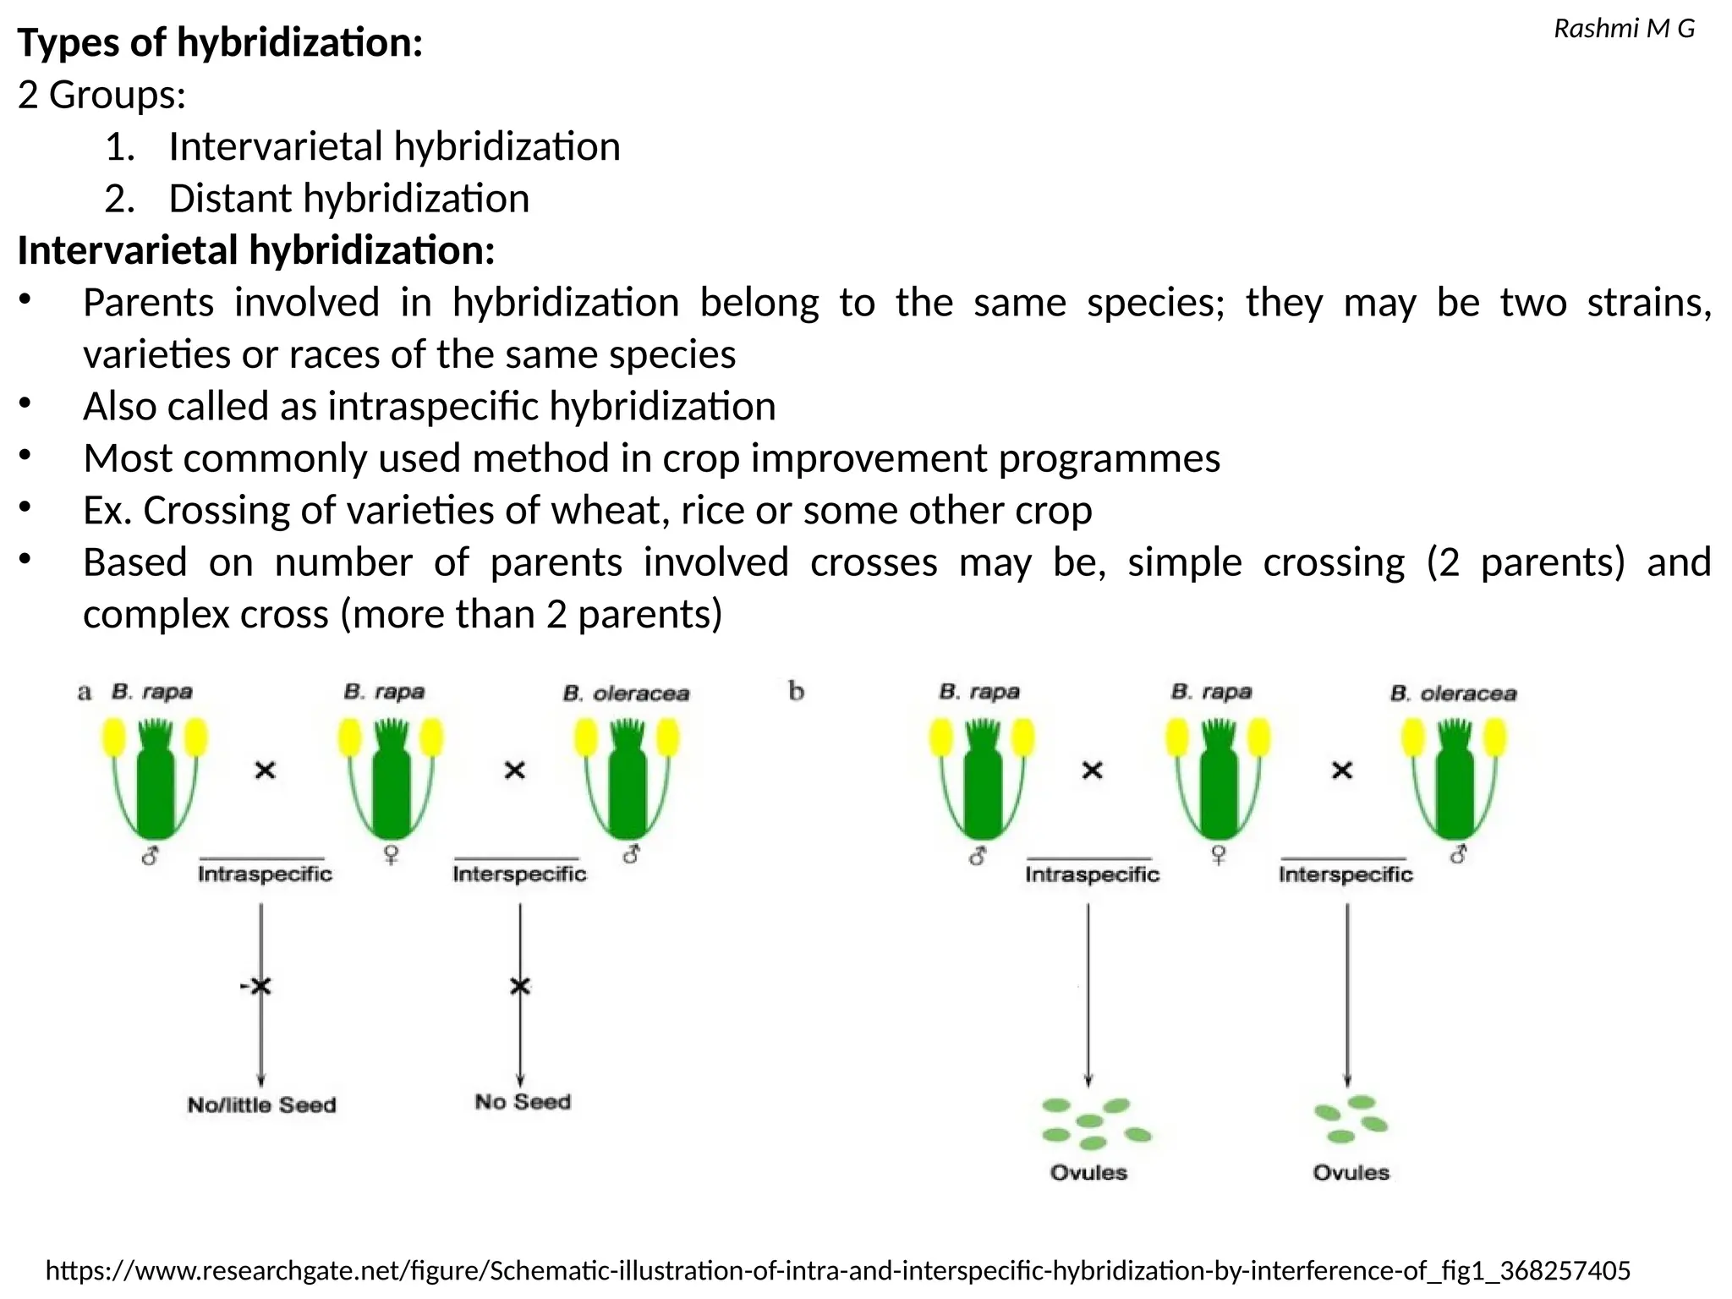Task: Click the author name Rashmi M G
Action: [1624, 30]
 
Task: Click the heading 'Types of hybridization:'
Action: [220, 43]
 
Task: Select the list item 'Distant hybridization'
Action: [348, 199]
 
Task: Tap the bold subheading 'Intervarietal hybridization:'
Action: [256, 251]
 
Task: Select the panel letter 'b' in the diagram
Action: [796, 692]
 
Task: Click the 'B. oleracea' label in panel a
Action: [626, 694]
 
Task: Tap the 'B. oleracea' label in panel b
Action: [1453, 694]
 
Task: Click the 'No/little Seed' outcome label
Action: [261, 1105]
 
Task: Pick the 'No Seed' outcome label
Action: [523, 1102]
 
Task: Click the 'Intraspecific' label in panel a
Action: [265, 874]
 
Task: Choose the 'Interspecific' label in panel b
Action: [1346, 874]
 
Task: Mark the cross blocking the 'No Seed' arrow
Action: [520, 986]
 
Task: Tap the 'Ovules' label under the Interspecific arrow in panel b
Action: [1351, 1173]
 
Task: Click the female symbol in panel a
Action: [391, 856]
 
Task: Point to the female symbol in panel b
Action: [1219, 856]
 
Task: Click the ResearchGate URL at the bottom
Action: [837, 1270]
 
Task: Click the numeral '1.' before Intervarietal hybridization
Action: [120, 147]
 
